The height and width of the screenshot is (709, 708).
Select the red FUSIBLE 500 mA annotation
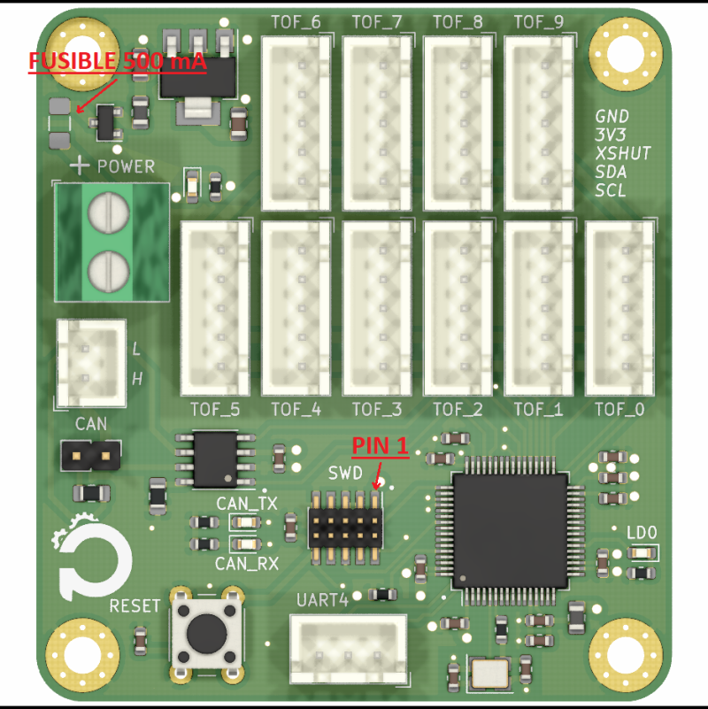[x=117, y=62]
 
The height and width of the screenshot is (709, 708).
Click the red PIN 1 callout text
[x=381, y=445]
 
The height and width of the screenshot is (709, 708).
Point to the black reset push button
[x=205, y=630]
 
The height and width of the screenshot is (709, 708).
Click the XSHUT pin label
[x=622, y=153]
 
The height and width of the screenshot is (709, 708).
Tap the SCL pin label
[x=611, y=190]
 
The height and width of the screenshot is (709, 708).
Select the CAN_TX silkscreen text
[x=247, y=504]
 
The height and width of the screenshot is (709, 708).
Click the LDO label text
[x=642, y=533]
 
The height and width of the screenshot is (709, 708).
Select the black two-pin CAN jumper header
[x=91, y=457]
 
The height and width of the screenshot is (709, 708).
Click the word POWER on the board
[x=126, y=166]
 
